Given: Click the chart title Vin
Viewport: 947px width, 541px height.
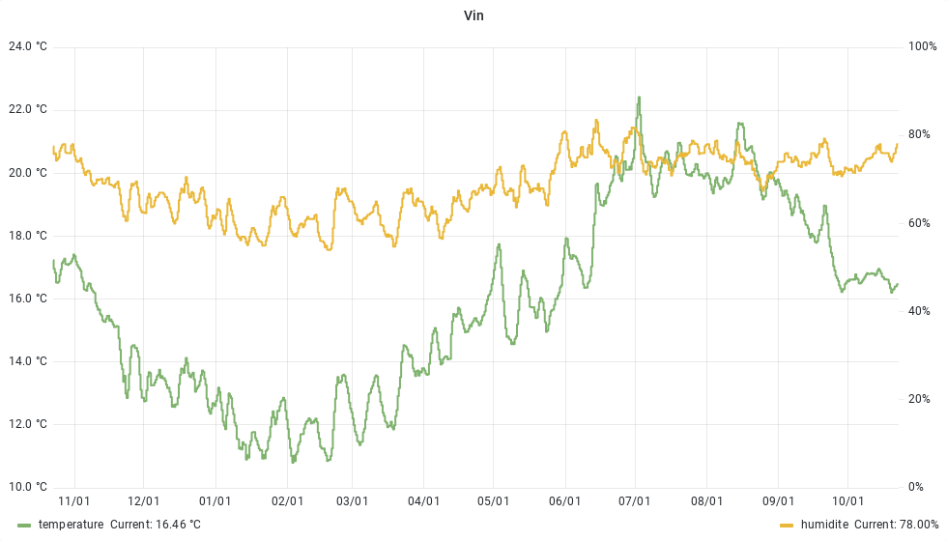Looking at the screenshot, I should (x=473, y=16).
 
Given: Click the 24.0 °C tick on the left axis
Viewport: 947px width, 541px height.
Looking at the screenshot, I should (x=27, y=46).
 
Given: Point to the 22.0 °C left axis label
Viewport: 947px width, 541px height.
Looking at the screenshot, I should (x=27, y=109).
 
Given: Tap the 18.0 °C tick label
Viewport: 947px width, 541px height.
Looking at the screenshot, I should (x=27, y=236).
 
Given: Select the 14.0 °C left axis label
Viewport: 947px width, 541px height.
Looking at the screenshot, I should (x=27, y=361).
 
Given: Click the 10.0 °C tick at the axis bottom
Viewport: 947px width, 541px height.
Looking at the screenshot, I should (x=27, y=487).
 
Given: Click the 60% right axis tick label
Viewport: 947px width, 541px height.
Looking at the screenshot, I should (x=919, y=223).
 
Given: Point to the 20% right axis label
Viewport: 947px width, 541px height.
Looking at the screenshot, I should (x=919, y=399).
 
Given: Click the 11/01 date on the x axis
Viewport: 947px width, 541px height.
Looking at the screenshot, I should (x=74, y=501).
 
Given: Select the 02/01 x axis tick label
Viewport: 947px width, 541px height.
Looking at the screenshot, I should (x=287, y=501).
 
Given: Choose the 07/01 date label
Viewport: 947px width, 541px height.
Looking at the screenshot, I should (x=635, y=501).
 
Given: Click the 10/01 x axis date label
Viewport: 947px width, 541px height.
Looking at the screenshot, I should (x=847, y=501).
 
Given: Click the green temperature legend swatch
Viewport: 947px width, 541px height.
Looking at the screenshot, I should (x=24, y=525).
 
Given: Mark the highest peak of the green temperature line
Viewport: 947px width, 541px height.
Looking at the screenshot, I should (x=639, y=98).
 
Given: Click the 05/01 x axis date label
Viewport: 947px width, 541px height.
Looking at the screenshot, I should (x=493, y=501).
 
